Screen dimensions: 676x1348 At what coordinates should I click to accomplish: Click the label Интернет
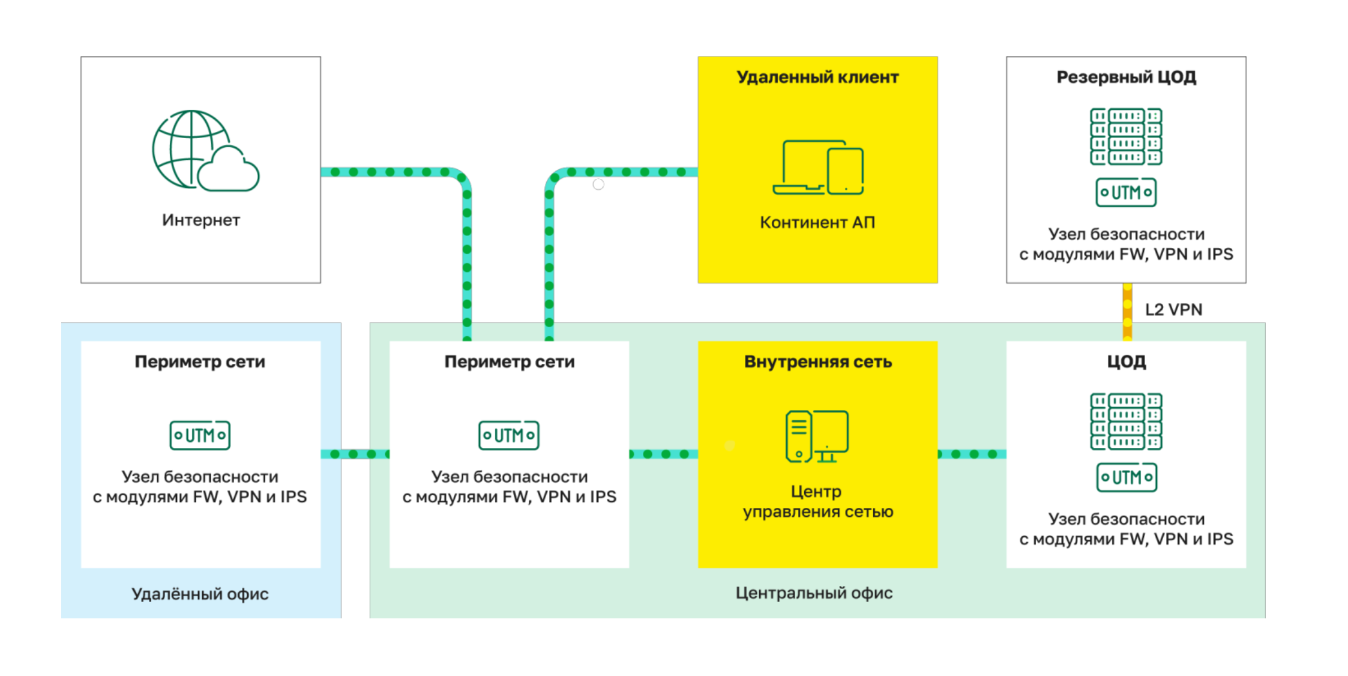tap(201, 220)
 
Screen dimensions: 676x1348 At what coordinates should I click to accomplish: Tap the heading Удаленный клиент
tap(817, 77)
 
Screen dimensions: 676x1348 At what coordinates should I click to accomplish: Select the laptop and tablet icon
tap(818, 167)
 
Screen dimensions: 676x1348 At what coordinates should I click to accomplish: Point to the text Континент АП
tap(817, 223)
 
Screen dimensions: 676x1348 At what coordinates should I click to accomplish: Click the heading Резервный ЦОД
tap(1126, 77)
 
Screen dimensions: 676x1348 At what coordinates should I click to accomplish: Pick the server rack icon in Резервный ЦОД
tap(1126, 136)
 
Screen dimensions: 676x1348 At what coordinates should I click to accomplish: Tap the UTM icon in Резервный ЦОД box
tap(1126, 193)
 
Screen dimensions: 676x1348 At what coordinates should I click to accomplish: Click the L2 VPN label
tap(1173, 310)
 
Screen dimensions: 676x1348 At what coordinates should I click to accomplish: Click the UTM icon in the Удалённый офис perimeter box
tap(200, 435)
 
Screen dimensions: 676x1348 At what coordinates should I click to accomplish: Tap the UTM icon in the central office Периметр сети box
tap(509, 435)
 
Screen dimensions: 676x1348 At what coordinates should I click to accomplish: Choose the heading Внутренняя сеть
tap(817, 362)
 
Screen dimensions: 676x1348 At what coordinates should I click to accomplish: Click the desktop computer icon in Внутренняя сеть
tap(817, 436)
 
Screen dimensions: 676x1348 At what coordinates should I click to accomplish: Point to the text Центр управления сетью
tap(817, 501)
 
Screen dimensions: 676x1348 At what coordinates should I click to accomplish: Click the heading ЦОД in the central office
tap(1126, 362)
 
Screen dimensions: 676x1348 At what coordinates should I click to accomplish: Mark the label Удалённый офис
tap(200, 594)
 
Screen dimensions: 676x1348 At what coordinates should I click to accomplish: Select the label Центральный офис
tap(814, 593)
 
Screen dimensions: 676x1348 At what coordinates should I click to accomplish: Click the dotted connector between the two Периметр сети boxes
tap(355, 454)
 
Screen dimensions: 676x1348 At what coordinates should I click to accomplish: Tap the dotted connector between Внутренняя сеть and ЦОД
tap(972, 454)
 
